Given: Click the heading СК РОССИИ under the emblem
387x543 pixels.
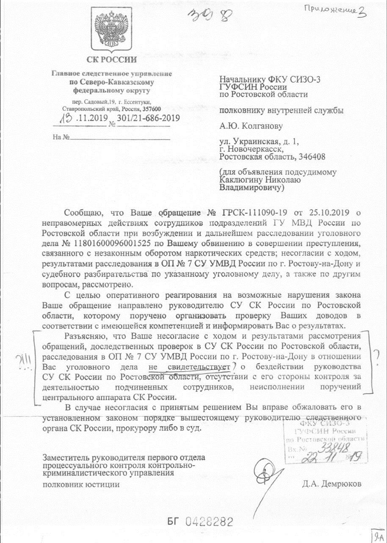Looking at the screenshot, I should [x=112, y=59].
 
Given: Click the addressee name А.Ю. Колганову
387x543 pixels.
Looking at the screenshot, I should [x=251, y=126].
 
